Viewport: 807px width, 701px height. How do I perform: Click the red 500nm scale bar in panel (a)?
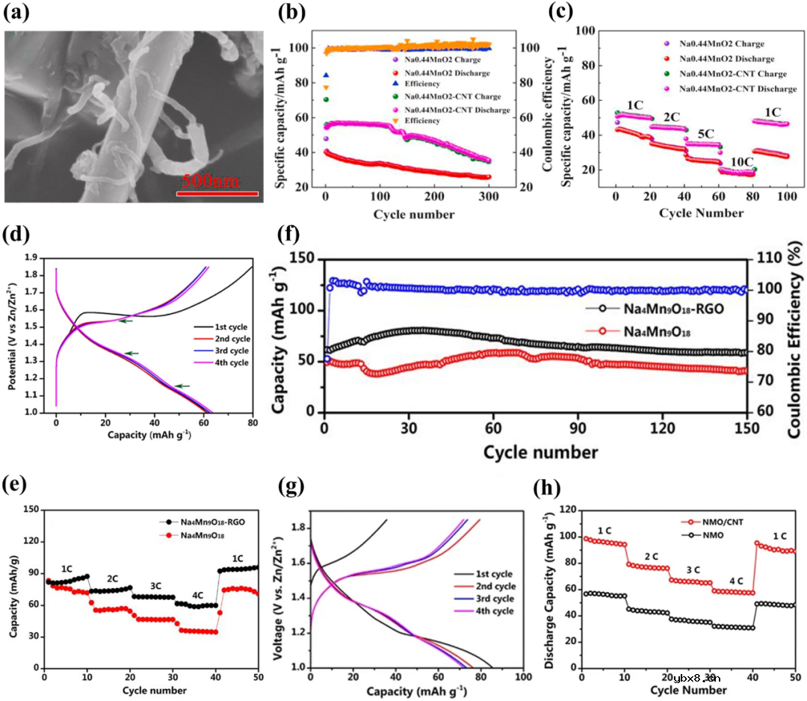(217, 194)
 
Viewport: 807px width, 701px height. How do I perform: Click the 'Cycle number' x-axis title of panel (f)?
(540, 453)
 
